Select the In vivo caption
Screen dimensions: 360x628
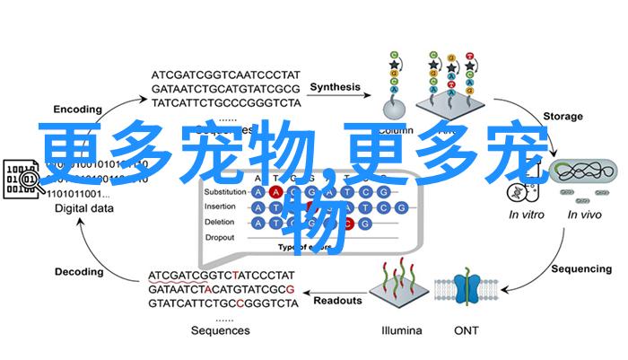(584, 215)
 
